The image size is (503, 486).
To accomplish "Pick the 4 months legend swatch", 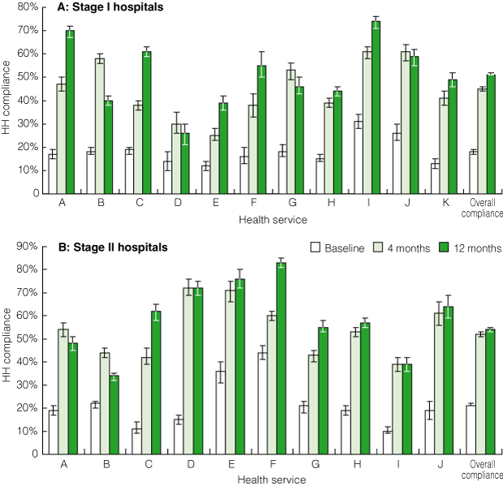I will click(378, 247).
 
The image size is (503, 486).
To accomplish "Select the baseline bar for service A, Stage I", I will click(52, 174).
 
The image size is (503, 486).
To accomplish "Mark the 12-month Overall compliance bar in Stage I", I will click(491, 134).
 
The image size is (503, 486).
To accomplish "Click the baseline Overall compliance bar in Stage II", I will click(471, 429).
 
